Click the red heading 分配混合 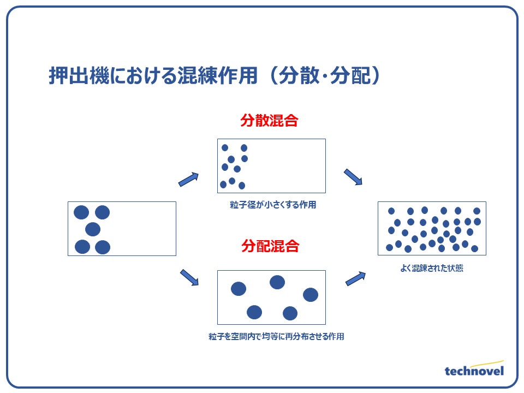(270, 246)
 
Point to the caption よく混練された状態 (431, 269)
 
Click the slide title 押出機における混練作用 (153, 77)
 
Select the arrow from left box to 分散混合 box (188, 179)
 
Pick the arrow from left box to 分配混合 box (189, 277)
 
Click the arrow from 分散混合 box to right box (353, 177)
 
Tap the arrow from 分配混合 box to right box (355, 278)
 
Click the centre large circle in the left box (93, 229)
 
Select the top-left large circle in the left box (81, 212)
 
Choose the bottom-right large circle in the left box (103, 247)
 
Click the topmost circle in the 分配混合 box (277, 282)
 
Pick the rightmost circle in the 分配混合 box (311, 295)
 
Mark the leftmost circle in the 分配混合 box (239, 289)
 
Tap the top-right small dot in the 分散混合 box (244, 148)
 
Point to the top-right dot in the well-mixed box (477, 211)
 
